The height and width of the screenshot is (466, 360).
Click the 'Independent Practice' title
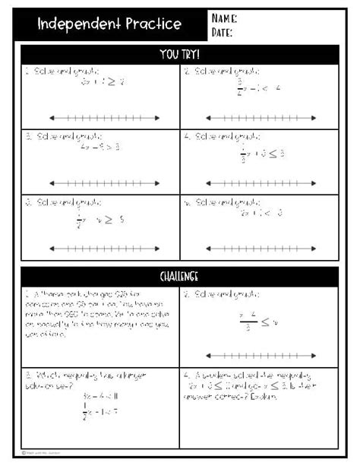pyautogui.click(x=110, y=24)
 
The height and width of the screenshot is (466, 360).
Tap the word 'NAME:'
pyautogui.click(x=224, y=17)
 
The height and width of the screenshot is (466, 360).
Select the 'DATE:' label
pyautogui.click(x=223, y=32)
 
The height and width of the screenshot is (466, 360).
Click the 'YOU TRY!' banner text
pyautogui.click(x=180, y=54)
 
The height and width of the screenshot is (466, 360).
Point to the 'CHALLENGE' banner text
pyautogui.click(x=180, y=276)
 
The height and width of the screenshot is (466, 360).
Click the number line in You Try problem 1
pyautogui.click(x=104, y=117)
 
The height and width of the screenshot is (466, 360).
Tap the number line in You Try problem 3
pyautogui.click(x=104, y=182)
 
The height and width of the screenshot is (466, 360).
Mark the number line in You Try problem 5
pyautogui.click(x=104, y=248)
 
